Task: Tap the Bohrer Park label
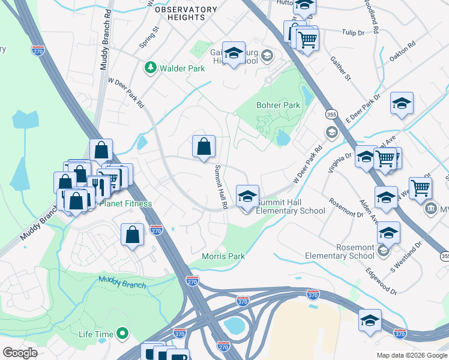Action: (x=278, y=105)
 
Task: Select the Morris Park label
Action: (x=223, y=256)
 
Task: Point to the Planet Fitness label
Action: (x=125, y=203)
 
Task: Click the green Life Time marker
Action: (x=122, y=332)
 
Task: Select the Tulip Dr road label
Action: (x=354, y=32)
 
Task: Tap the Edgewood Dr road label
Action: (x=381, y=281)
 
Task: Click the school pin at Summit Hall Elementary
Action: (x=247, y=197)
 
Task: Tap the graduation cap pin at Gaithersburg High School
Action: (x=234, y=52)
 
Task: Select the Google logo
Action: (x=20, y=353)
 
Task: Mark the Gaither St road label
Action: (x=339, y=69)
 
